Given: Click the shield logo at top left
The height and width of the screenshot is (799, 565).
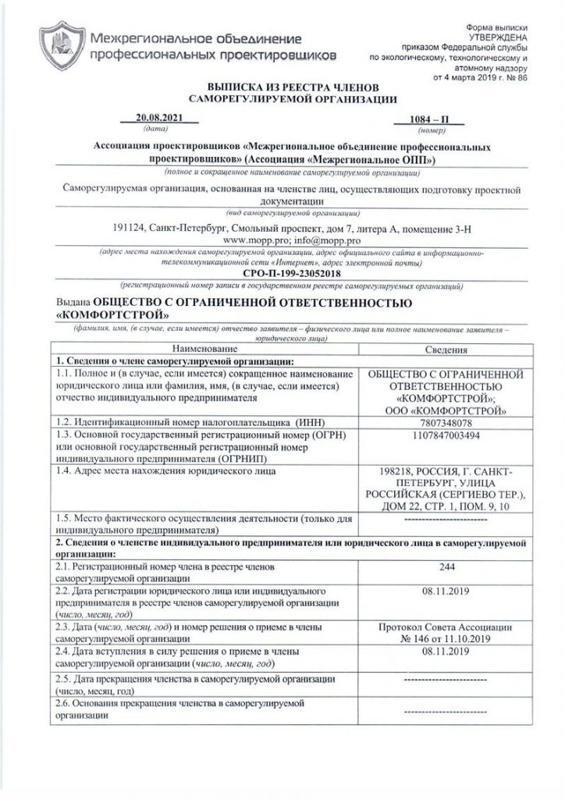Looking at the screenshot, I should click(61, 46).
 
